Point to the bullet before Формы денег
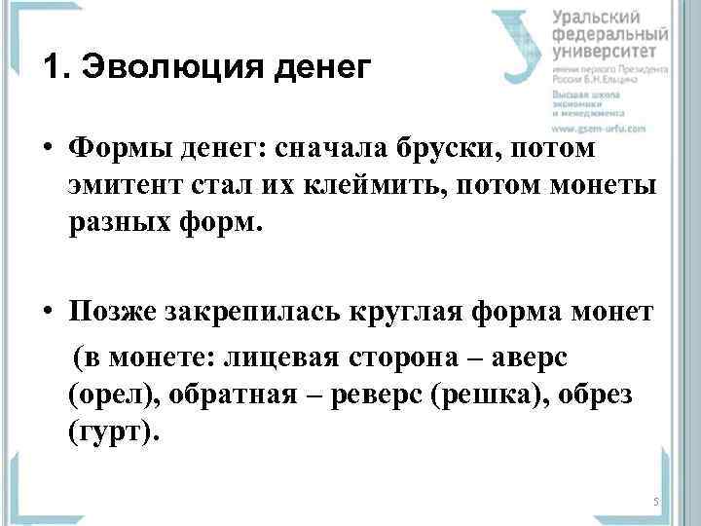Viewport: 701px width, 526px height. point(48,149)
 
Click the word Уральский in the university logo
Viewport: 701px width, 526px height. point(597,18)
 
